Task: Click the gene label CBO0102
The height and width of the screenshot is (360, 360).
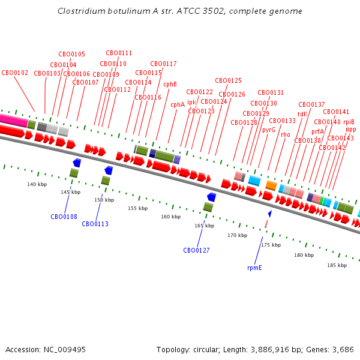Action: coord(15,73)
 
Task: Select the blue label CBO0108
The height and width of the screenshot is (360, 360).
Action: coord(64,217)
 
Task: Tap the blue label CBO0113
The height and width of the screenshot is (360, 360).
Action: coord(95,224)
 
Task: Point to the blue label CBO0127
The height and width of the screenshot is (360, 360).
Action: coord(197,250)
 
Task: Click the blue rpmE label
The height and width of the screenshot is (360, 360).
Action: coord(254,268)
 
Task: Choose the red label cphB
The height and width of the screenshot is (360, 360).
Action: coord(170,84)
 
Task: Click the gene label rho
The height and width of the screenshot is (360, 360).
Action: coord(286,135)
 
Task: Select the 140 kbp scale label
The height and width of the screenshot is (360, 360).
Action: coord(37,184)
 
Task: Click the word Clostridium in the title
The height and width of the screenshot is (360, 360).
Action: coord(81,11)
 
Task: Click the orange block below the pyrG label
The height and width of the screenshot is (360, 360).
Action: coord(271,186)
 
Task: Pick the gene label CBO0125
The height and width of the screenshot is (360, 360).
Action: coord(229,80)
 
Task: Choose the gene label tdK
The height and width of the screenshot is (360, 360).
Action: coord(302,114)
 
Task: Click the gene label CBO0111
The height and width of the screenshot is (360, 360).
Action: coord(119,53)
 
